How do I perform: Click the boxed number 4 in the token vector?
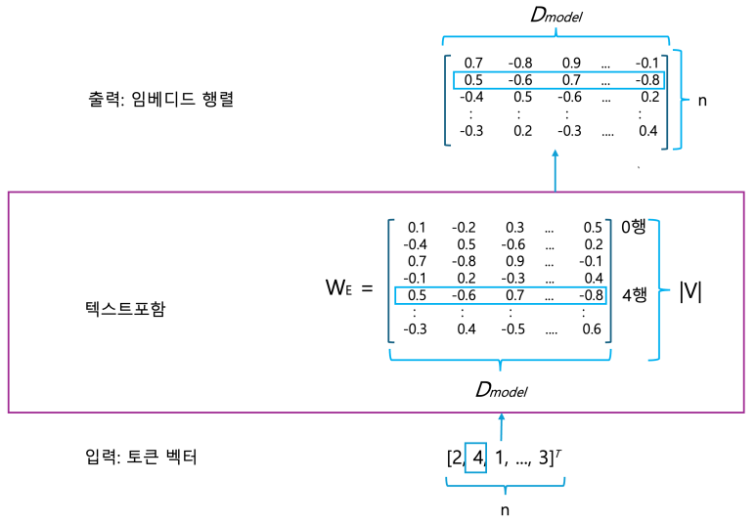click(476, 457)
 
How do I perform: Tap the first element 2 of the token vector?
click(457, 457)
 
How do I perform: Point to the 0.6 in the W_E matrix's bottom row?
click(591, 329)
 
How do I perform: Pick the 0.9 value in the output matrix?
click(570, 65)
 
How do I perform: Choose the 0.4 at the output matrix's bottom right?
click(646, 131)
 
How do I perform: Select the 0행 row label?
click(634, 227)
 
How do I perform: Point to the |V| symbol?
click(693, 292)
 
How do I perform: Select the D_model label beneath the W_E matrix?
click(501, 389)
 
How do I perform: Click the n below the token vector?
click(505, 509)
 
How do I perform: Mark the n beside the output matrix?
click(702, 100)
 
